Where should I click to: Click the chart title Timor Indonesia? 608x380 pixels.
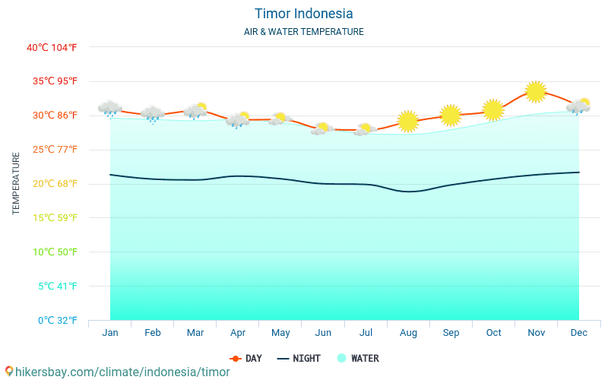303,14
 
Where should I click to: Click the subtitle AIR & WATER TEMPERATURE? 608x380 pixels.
303,32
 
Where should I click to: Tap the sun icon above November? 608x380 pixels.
536,92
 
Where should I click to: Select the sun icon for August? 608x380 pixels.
408,121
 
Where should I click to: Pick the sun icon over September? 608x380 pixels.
451,115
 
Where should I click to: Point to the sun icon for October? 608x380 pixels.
493,109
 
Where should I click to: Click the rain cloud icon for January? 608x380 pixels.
110,109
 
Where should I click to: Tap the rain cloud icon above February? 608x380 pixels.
153,114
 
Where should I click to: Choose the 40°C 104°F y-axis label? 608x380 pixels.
52,47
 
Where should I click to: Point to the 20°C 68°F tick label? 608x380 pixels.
52,183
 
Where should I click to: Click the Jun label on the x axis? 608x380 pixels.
323,333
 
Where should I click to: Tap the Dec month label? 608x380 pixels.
578,333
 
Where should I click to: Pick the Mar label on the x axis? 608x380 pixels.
195,333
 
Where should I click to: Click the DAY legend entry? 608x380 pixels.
246,358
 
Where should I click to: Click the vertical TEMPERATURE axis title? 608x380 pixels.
16,183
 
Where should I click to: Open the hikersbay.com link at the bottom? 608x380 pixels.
118,372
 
